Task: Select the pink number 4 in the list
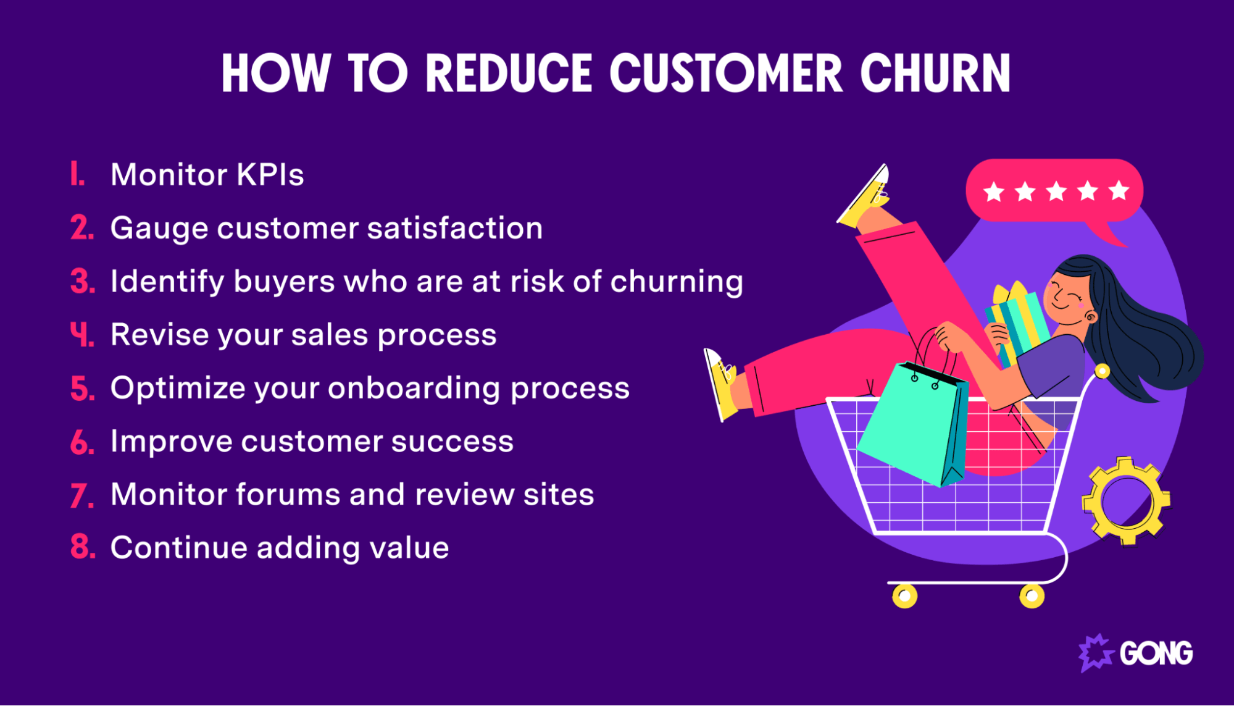tap(81, 335)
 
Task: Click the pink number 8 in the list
tap(81, 547)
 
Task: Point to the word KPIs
tap(270, 175)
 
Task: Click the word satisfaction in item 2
tap(455, 228)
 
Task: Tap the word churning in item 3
tap(677, 282)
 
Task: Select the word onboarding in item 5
tap(414, 388)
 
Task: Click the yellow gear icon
tap(1125, 500)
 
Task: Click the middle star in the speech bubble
tap(1056, 191)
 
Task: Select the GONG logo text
tap(1156, 653)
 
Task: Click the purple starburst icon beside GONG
tap(1095, 653)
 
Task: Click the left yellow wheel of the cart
tap(904, 596)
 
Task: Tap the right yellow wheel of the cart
tap(1032, 596)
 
